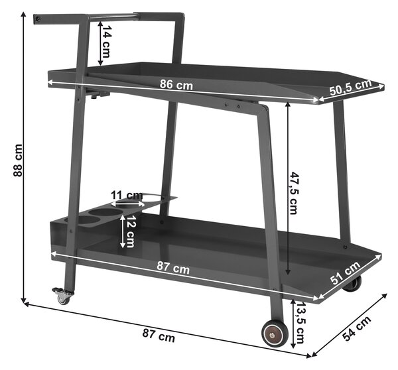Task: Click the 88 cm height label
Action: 17,160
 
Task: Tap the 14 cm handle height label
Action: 106,42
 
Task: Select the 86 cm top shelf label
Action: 176,84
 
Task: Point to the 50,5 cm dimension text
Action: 350,87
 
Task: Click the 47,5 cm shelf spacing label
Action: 294,193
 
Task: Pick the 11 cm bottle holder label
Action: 127,196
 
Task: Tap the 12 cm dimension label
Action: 131,231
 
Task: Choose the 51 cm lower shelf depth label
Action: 346,273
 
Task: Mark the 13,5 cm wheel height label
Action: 300,322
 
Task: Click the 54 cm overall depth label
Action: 357,328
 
